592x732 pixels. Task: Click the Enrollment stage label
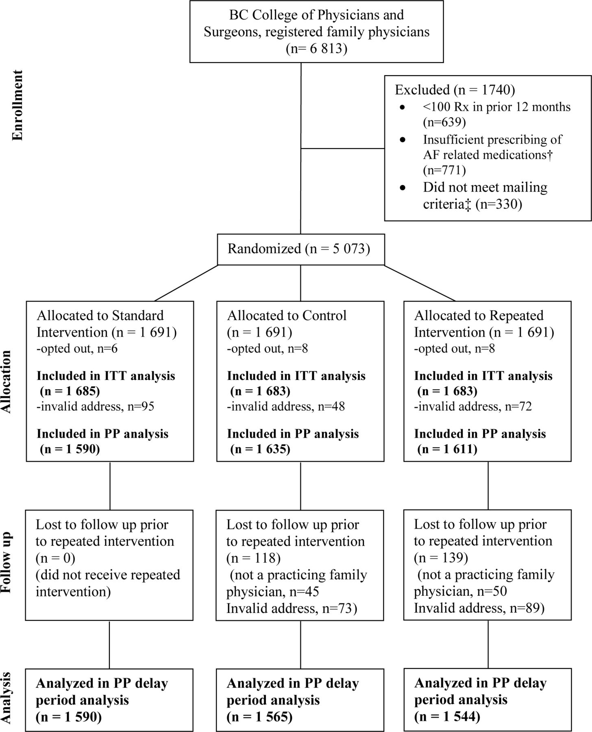tap(17, 106)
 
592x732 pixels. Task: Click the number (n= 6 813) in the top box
tap(317, 49)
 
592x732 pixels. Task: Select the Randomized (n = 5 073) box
tap(300, 249)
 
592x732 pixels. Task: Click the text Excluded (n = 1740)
tap(455, 89)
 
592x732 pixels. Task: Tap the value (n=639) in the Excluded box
tap(444, 122)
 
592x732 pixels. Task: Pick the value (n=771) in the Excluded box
tap(444, 170)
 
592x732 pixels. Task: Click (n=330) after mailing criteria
tap(499, 203)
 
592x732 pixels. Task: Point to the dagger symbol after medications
tap(550, 155)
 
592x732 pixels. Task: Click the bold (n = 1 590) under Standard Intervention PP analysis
tap(70, 449)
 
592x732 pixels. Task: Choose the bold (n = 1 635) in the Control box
tap(260, 449)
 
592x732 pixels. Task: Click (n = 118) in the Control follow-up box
tap(253, 558)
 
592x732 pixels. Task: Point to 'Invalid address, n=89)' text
tap(479, 608)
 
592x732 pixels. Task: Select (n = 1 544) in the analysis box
tap(447, 716)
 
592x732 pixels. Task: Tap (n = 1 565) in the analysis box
tap(259, 717)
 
